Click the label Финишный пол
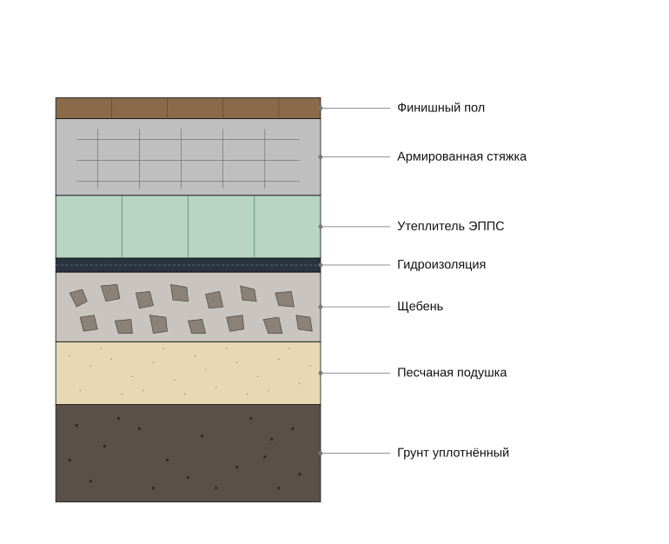click(440, 108)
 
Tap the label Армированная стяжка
click(461, 156)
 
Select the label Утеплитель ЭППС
click(451, 226)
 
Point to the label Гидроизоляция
click(441, 264)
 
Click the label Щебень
click(420, 307)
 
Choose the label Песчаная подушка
click(452, 373)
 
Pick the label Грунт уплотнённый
click(454, 452)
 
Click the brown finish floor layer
click(189, 108)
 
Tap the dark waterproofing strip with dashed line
click(189, 265)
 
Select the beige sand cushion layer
click(189, 374)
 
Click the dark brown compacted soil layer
click(189, 453)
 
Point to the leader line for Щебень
click(355, 307)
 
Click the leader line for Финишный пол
click(355, 109)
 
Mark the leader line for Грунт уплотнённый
click(355, 453)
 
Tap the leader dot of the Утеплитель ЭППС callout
click(321, 227)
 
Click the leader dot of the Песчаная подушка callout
click(321, 373)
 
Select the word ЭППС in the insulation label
click(487, 226)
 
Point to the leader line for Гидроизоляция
click(355, 265)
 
